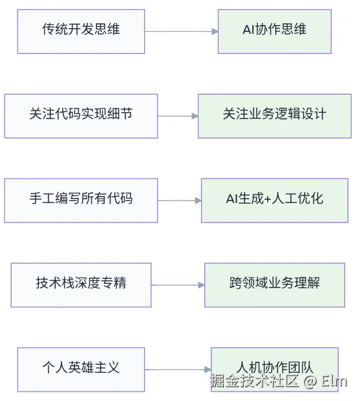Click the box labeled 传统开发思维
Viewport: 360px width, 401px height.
point(81,31)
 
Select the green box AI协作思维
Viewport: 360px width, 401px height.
point(275,31)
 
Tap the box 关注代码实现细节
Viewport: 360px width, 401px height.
point(81,115)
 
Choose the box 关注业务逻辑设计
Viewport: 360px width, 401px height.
point(275,115)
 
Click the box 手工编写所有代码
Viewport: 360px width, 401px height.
point(81,200)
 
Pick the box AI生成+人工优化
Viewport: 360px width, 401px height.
point(275,200)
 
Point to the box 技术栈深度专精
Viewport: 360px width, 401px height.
point(81,284)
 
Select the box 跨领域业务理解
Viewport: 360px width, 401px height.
point(275,284)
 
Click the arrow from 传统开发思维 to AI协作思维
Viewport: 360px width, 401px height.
point(181,31)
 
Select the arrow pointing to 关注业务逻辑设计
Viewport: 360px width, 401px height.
point(177,116)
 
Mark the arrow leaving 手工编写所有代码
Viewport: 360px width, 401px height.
point(179,200)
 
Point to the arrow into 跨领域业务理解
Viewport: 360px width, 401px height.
point(178,285)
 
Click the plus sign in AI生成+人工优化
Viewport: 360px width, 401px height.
point(268,200)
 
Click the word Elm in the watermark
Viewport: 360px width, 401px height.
point(334,382)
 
